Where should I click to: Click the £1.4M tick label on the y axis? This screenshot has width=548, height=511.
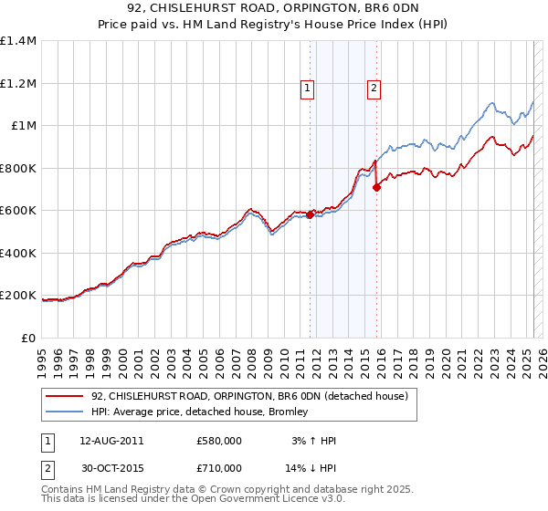point(18,41)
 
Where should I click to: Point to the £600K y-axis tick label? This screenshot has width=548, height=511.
point(18,210)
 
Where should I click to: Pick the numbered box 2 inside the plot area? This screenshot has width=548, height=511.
point(374,89)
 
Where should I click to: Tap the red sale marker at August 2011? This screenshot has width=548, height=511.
point(311,215)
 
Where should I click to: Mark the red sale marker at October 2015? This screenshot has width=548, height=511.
point(377,188)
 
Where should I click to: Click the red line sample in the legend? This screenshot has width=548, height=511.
point(65,396)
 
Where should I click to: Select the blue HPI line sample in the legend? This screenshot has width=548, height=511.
point(65,412)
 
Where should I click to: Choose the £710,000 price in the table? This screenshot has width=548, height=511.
point(218,467)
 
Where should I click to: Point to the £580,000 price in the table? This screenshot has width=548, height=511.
point(218,441)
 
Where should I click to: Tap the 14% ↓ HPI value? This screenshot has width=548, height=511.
point(311,467)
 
